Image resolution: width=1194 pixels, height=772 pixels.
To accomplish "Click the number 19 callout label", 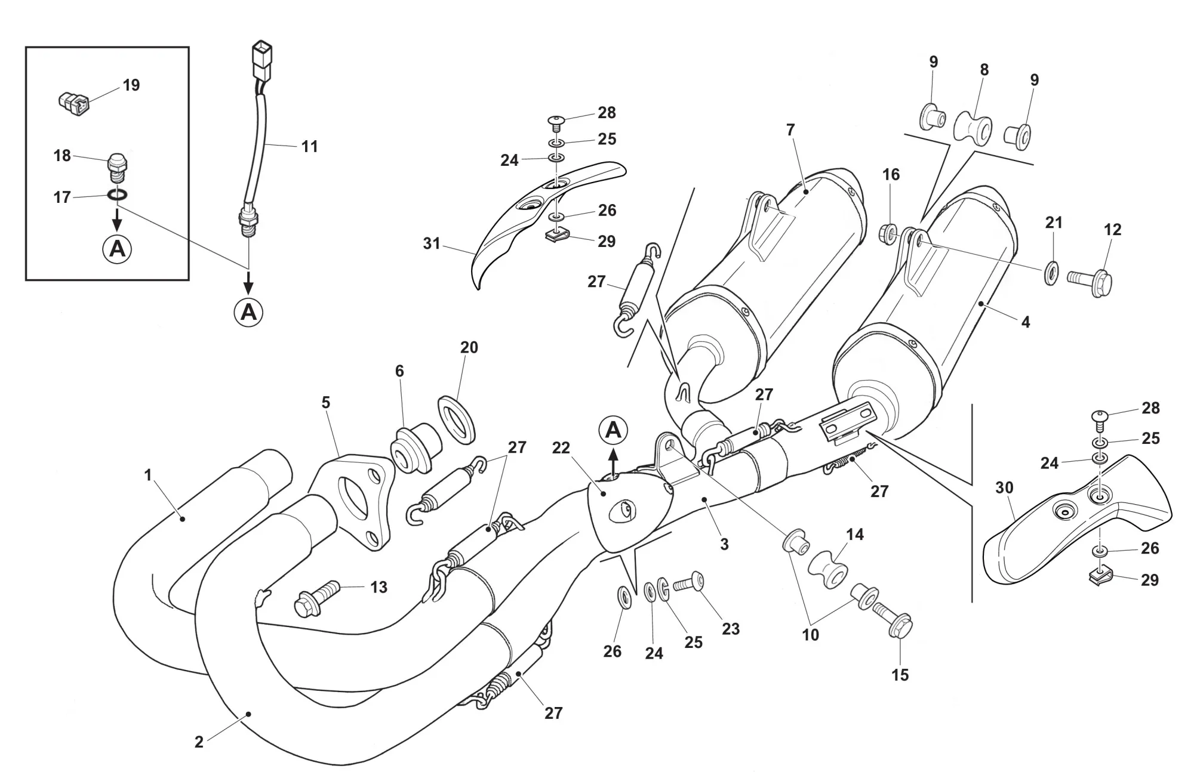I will tap(131, 85).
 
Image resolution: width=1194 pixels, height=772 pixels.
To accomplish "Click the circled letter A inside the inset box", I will tap(118, 248).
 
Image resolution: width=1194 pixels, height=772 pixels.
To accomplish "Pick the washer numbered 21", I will tap(1051, 272).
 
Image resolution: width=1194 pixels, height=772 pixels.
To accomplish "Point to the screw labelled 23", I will tap(689, 580).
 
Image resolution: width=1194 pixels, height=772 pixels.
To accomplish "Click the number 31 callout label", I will tap(431, 243).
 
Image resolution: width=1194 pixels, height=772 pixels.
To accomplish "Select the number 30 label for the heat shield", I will tap(1004, 487).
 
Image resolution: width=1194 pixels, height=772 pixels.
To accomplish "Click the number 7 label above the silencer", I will tap(790, 129).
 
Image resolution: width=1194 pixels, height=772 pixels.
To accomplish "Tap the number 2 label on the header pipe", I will tap(199, 742).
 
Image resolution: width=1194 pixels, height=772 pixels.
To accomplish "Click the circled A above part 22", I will tap(614, 430).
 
